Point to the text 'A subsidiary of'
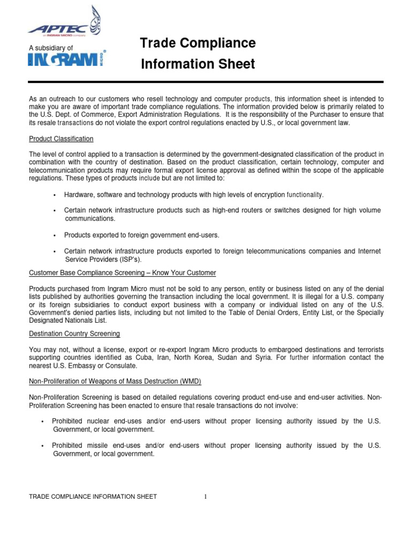pos(50,48)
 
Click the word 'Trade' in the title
pos(158,43)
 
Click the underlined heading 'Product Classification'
pos(61,139)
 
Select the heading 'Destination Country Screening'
pos(74,334)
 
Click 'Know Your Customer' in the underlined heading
pos(184,273)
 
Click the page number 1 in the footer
pos(205,497)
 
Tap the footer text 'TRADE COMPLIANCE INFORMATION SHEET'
pos(93,497)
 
